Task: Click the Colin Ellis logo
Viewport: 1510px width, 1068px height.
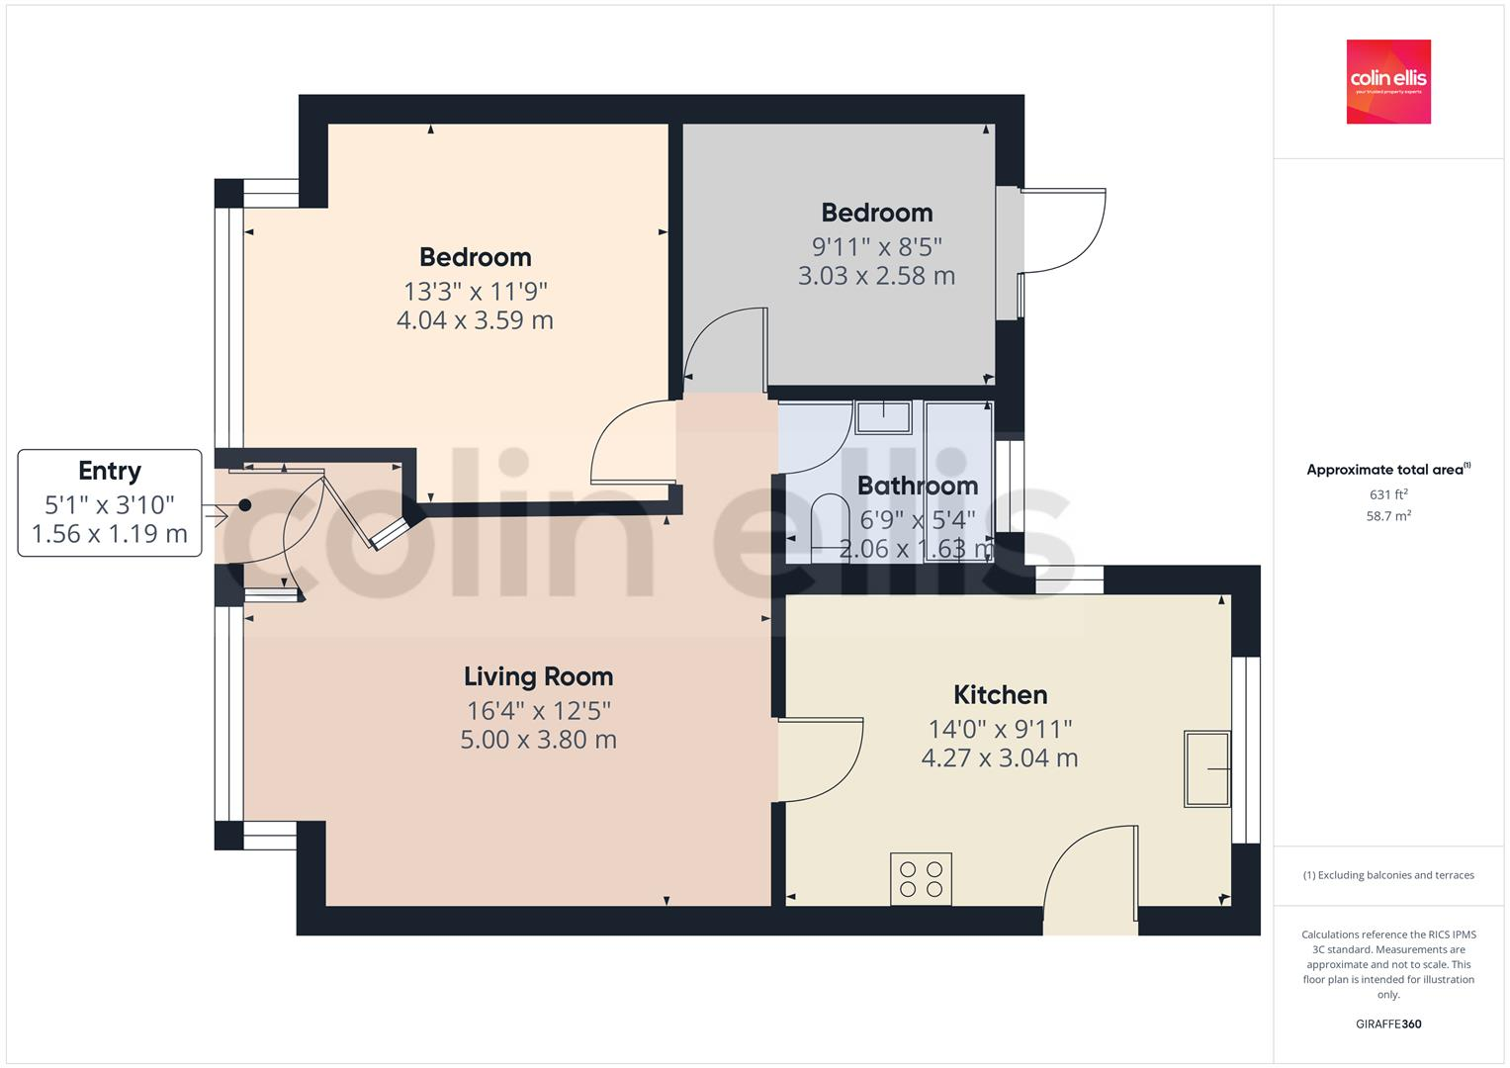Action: coord(1387,81)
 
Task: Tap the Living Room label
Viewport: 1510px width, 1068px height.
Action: coord(538,676)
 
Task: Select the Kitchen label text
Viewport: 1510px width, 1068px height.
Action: coord(1000,694)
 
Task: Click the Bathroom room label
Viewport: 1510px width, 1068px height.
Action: coord(917,486)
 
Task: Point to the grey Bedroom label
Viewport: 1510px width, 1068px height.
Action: coord(876,213)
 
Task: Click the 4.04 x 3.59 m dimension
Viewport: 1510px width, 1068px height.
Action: coord(475,320)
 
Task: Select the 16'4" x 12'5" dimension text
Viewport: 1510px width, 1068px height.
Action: coord(538,710)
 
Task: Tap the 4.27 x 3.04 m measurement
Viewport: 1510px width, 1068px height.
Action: coord(1000,758)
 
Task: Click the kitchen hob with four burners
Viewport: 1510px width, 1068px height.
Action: coord(921,879)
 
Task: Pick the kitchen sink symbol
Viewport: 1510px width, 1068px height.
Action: coord(1207,768)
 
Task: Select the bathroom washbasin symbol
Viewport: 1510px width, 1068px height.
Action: coord(883,416)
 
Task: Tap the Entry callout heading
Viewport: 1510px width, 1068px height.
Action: coord(110,471)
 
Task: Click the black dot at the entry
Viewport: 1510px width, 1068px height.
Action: coord(244,505)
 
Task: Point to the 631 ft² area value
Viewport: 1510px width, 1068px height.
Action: coord(1387,494)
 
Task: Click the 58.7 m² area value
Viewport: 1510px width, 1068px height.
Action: coord(1387,515)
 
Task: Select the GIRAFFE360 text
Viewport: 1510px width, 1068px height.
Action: coord(1387,1023)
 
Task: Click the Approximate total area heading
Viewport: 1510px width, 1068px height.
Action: coord(1387,470)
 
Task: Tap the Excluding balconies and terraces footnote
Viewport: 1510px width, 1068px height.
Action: coord(1387,875)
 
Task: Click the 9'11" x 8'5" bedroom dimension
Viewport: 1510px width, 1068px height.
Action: coord(876,245)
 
